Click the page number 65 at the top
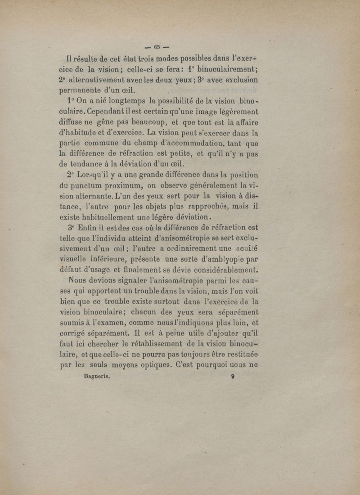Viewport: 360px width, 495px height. click(x=157, y=46)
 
